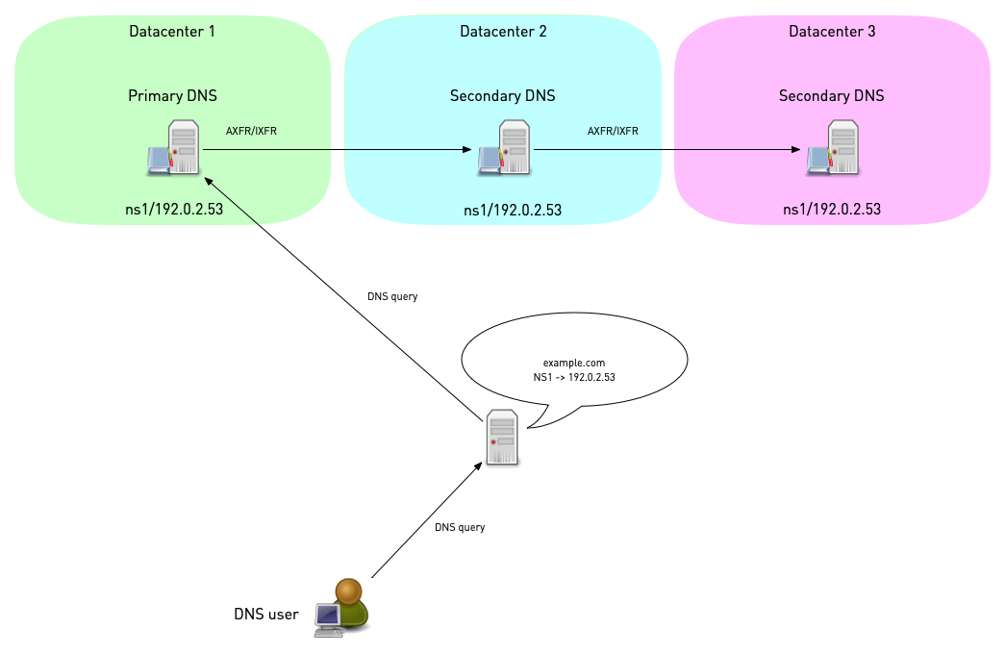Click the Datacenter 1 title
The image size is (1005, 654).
pyautogui.click(x=172, y=32)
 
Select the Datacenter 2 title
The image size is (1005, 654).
pyautogui.click(x=503, y=32)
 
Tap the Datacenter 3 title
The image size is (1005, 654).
pyautogui.click(x=832, y=32)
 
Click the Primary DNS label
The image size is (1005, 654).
pyautogui.click(x=172, y=96)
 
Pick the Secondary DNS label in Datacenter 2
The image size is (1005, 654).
pyautogui.click(x=502, y=96)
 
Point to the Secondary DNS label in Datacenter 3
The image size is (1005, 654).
pyautogui.click(x=831, y=96)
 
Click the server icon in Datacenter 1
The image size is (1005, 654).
pyautogui.click(x=176, y=148)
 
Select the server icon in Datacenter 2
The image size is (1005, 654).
pyautogui.click(x=505, y=148)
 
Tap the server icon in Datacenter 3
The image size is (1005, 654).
pyautogui.click(x=834, y=148)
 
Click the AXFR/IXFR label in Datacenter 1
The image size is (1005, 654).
pyautogui.click(x=251, y=131)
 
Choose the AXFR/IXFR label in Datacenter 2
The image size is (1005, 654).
pyautogui.click(x=613, y=131)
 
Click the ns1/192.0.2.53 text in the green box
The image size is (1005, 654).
pyautogui.click(x=174, y=209)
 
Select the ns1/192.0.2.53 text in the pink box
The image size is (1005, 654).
pyautogui.click(x=832, y=209)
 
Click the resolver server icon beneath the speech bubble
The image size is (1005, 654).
pyautogui.click(x=501, y=438)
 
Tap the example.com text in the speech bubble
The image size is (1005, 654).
pyautogui.click(x=573, y=362)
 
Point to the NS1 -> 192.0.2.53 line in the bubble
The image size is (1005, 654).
pyautogui.click(x=574, y=378)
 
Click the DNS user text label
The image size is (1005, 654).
pyautogui.click(x=266, y=614)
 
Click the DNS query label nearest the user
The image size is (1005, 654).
pyautogui.click(x=460, y=527)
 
